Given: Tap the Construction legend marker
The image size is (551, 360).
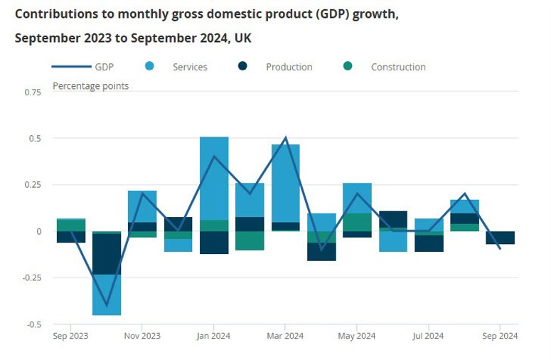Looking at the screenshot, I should click(348, 67).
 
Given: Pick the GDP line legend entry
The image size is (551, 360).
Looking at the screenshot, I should click(82, 67).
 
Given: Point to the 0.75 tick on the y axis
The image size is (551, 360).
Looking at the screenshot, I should click(32, 92).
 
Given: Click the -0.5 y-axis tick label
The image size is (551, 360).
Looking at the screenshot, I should click(32, 324).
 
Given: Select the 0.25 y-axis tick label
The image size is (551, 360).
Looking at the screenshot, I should click(32, 185).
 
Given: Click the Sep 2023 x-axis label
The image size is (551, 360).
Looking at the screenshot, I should click(70, 336).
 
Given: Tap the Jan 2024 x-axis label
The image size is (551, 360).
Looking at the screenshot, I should click(214, 336).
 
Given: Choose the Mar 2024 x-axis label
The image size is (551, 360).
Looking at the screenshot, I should click(285, 336).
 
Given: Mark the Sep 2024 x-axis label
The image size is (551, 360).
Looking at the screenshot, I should click(500, 336).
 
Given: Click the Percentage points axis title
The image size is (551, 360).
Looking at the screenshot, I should click(91, 86).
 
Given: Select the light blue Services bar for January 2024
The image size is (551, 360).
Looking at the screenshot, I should click(214, 178).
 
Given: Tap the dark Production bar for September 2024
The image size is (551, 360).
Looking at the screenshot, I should click(500, 238).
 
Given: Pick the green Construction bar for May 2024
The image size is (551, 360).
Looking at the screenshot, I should click(357, 222).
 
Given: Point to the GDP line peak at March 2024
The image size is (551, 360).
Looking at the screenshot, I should click(286, 138).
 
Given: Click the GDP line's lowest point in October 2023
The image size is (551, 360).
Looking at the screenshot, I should click(107, 305).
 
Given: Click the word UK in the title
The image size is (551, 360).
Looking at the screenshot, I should click(242, 38).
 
